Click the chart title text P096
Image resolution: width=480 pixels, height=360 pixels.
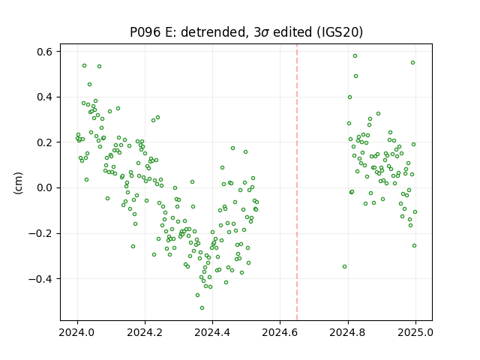146,31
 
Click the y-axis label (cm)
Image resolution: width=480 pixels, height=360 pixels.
18,183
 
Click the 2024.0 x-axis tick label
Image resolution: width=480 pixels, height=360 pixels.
77,332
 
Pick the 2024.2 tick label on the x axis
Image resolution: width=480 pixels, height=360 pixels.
145,332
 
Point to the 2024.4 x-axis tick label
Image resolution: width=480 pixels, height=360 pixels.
212,332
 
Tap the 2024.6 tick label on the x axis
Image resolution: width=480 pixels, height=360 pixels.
280,332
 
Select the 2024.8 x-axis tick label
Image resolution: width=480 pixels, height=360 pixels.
348,332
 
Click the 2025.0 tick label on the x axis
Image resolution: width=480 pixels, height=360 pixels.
415,332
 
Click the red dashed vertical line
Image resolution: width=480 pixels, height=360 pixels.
297,182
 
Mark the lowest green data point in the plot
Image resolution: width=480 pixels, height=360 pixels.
202,307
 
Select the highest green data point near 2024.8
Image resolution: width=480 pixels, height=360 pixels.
355,55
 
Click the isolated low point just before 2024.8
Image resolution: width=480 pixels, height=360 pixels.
345,267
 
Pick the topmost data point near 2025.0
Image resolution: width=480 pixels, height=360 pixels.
412,62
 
